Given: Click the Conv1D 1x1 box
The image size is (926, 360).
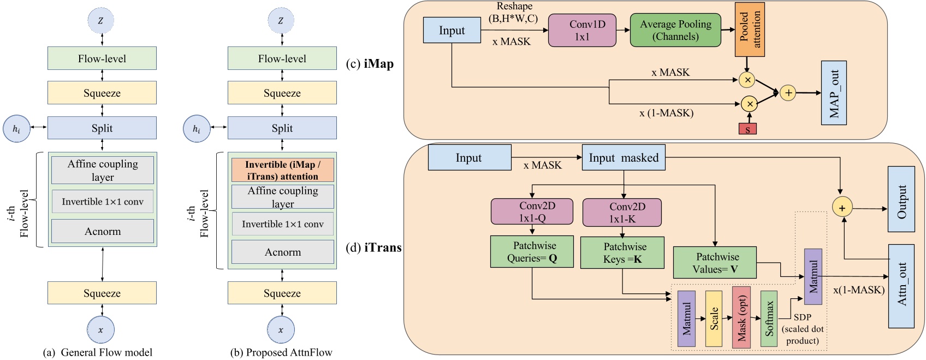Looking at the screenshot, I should pyautogui.click(x=582, y=31).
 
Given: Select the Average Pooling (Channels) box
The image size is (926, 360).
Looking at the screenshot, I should pyautogui.click(x=675, y=31).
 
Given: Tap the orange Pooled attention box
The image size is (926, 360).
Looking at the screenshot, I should pyautogui.click(x=749, y=29).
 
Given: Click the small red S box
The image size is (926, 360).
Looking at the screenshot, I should pyautogui.click(x=747, y=129).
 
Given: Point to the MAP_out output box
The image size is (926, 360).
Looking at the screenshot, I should pyautogui.click(x=834, y=93).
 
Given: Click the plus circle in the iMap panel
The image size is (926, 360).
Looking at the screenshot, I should pyautogui.click(x=788, y=93).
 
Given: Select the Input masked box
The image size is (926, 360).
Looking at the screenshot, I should pyautogui.click(x=624, y=158).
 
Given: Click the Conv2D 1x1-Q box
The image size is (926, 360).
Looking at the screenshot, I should pyautogui.click(x=532, y=211).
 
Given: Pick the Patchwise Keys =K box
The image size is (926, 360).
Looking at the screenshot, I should pyautogui.click(x=622, y=252).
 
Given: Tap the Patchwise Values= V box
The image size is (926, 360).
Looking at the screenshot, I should pyautogui.click(x=715, y=263).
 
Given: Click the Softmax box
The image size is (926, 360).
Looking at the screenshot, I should pyautogui.click(x=769, y=318).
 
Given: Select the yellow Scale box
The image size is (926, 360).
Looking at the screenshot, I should pyautogui.click(x=714, y=318).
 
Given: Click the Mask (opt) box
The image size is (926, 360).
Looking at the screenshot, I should pyautogui.click(x=741, y=317).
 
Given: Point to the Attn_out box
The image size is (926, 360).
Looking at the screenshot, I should pyautogui.click(x=901, y=286).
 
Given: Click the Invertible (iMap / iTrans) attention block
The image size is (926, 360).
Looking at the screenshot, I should pyautogui.click(x=282, y=170).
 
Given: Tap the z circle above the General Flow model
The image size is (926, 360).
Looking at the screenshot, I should pyautogui.click(x=101, y=21).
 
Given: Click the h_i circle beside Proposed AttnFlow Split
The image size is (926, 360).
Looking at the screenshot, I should pyautogui.click(x=197, y=129).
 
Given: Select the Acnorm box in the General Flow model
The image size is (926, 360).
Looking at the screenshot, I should pyautogui.click(x=103, y=231).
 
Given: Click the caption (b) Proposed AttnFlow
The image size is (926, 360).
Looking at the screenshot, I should pyautogui.click(x=281, y=352).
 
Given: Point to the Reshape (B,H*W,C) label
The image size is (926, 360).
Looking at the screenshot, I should pyautogui.click(x=514, y=13).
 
